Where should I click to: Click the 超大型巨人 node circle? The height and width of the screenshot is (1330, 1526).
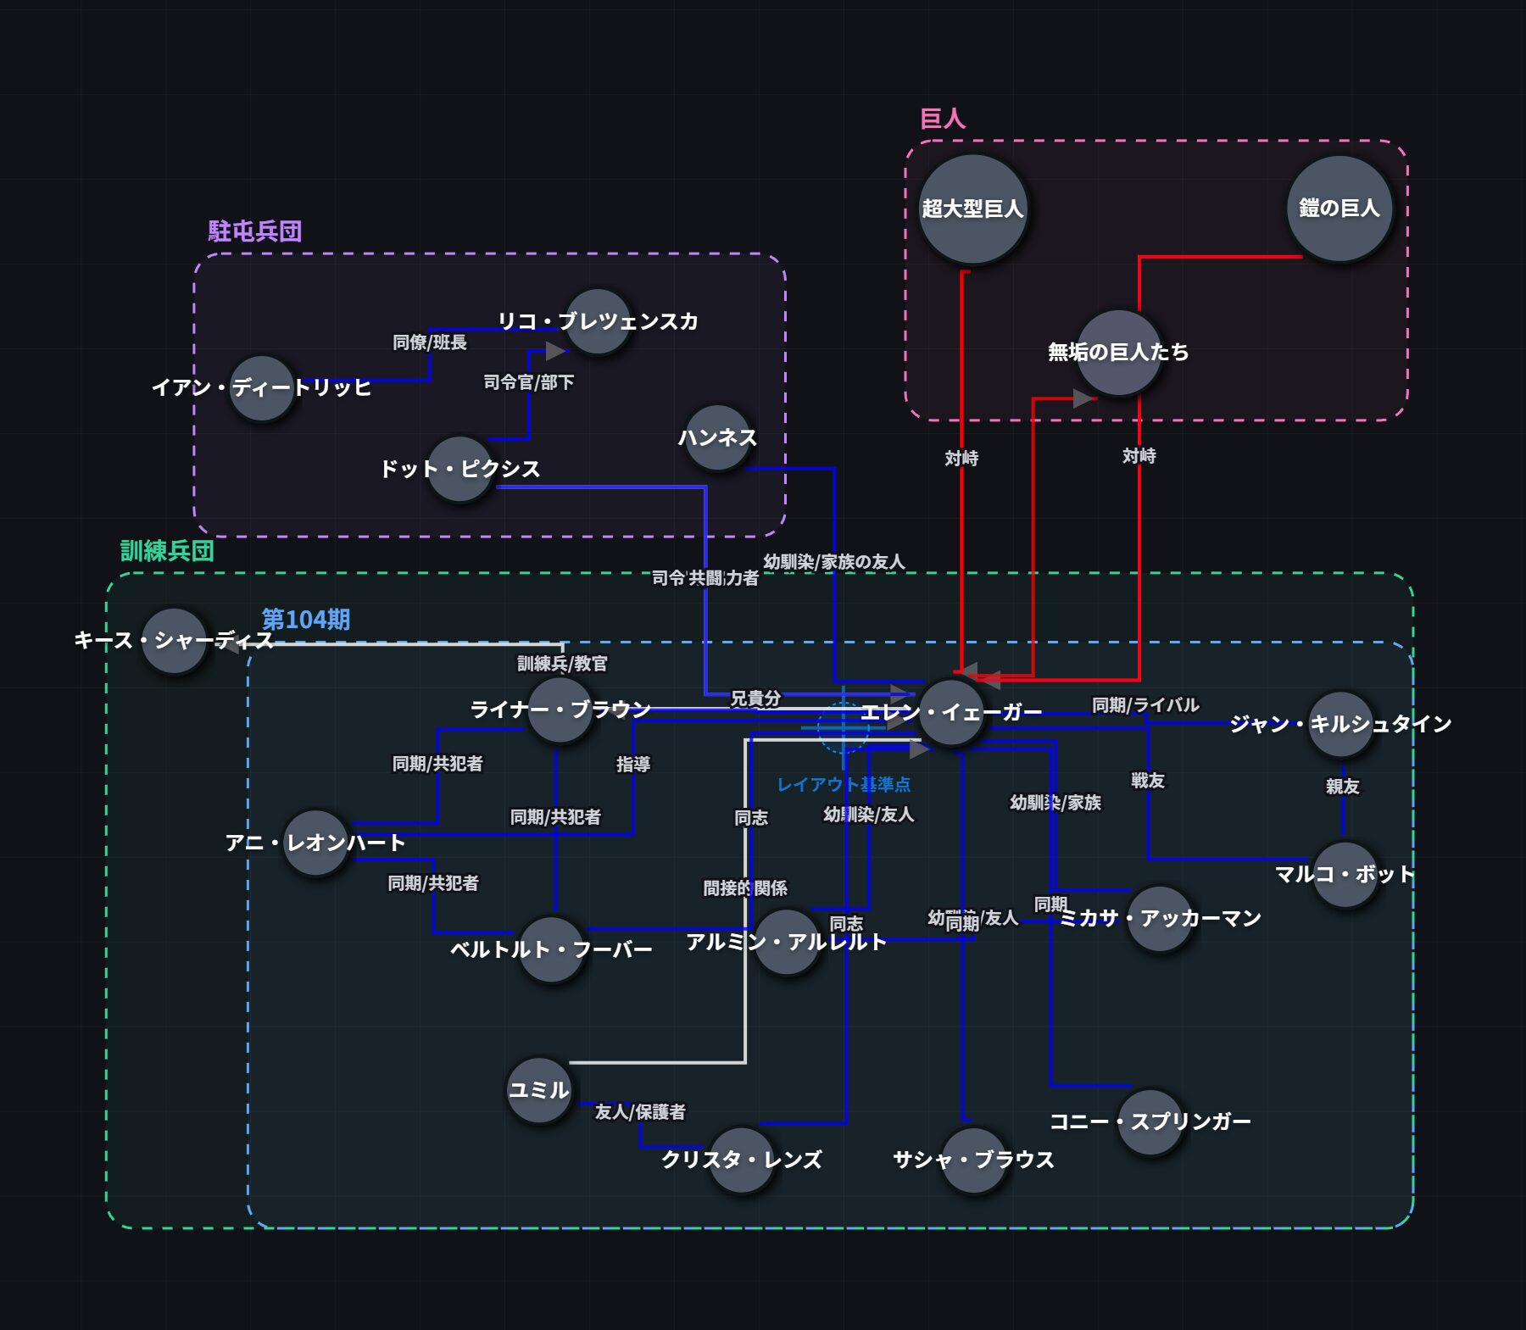(972, 209)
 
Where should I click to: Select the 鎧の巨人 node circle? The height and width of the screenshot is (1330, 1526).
(1339, 209)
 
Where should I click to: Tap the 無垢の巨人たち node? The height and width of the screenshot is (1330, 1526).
(1118, 353)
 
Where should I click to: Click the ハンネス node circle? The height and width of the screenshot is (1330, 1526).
(718, 438)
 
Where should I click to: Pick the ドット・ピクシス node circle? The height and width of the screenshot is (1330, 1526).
(459, 470)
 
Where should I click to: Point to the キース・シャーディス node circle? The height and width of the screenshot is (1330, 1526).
(175, 641)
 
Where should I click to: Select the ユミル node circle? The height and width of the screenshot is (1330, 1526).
(539, 1090)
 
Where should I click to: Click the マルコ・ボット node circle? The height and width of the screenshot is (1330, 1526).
(1345, 875)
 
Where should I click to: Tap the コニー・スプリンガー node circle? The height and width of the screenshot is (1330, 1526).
(1150, 1122)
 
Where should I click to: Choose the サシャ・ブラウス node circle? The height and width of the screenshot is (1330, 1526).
(973, 1160)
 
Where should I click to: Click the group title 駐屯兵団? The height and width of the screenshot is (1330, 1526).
(255, 231)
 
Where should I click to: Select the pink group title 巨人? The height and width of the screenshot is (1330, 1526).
(943, 119)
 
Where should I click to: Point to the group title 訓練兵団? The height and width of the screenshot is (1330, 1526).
(167, 551)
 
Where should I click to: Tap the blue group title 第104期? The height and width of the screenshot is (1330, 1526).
(306, 620)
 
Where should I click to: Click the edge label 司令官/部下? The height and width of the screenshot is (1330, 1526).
(529, 382)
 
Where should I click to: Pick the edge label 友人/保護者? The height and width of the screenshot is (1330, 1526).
(640, 1111)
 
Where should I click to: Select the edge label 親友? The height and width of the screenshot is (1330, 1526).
(1343, 787)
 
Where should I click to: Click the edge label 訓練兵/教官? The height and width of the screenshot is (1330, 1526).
(563, 664)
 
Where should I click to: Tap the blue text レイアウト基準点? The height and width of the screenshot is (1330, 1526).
(844, 784)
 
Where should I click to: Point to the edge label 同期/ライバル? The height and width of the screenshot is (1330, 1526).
(1145, 705)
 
